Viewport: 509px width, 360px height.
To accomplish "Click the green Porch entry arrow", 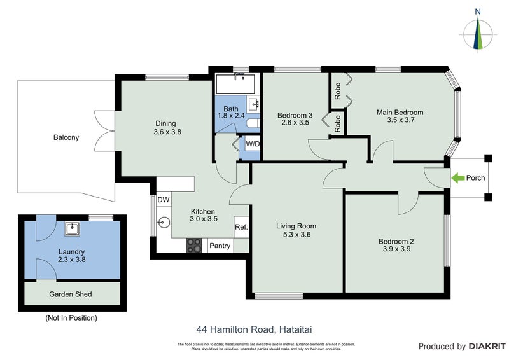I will tap(456, 179).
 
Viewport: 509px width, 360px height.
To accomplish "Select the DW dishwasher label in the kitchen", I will tap(164, 200).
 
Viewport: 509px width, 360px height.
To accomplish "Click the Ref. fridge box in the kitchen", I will tap(241, 227).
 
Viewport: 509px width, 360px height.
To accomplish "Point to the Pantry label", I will tap(220, 246).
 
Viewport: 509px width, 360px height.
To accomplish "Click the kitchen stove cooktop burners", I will tap(194, 246).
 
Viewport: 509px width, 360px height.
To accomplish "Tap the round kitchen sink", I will tap(165, 223).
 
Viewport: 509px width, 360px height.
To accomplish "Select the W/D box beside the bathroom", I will tap(253, 144).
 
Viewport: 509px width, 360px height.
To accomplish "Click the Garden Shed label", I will tap(71, 294).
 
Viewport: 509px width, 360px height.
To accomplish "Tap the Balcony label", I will tap(66, 137).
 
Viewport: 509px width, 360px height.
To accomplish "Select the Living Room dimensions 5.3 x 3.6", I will tap(296, 235).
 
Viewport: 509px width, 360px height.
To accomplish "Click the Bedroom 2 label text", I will tap(396, 241).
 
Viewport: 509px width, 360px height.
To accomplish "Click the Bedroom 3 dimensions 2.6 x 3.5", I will tap(293, 123).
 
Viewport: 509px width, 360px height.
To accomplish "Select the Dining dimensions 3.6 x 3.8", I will tap(167, 132).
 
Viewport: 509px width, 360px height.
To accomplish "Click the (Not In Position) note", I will tap(71, 317).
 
